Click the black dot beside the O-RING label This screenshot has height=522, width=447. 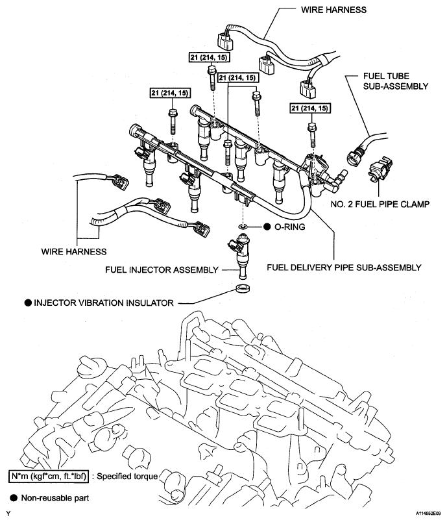point(266,227)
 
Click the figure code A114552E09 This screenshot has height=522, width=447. point(425,514)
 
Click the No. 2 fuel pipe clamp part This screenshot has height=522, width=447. point(378,170)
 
